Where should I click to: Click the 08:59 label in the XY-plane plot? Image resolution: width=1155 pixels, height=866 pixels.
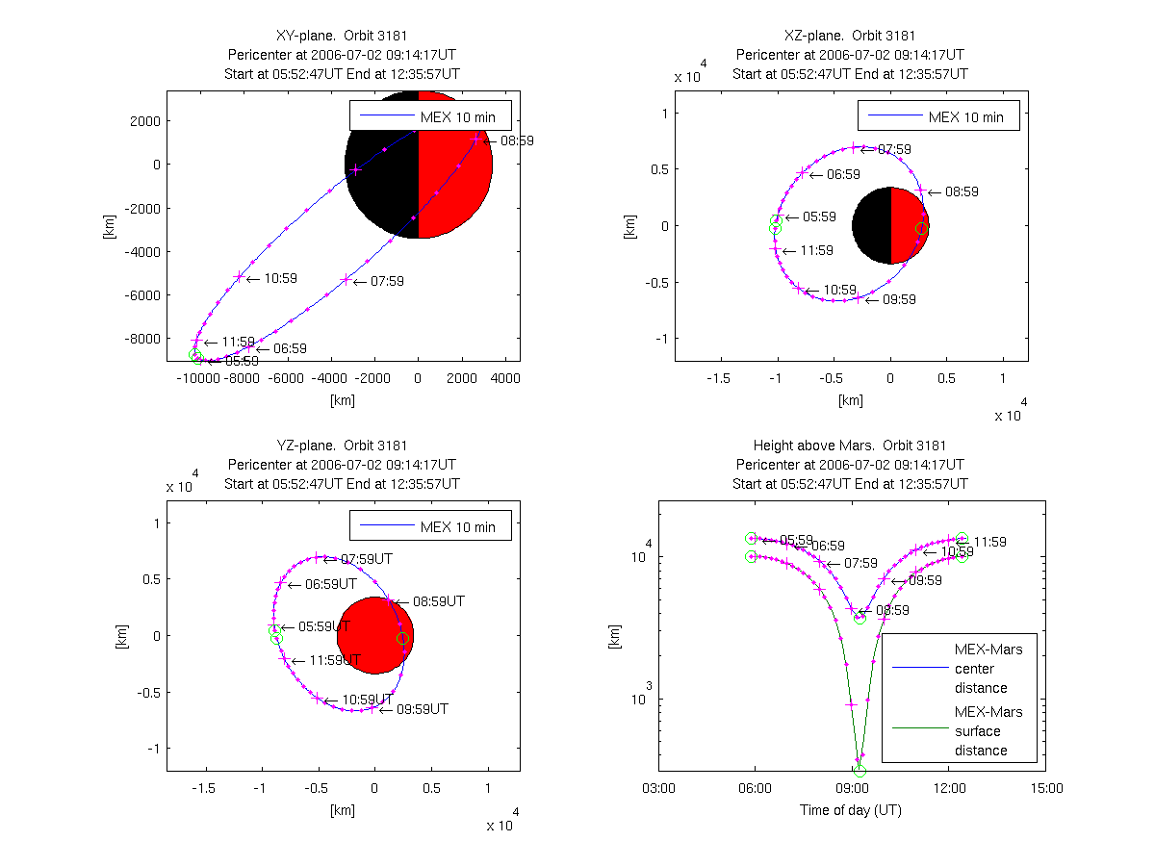(517, 140)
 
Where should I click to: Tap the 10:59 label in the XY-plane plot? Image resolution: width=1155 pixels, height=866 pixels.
(280, 279)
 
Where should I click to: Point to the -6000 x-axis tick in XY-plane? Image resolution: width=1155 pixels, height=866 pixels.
(286, 378)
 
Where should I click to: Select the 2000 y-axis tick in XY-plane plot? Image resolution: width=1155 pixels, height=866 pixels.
(142, 121)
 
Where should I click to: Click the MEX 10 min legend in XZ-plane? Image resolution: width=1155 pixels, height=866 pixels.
(938, 117)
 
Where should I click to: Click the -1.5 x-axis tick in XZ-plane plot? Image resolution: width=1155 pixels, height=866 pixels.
(718, 378)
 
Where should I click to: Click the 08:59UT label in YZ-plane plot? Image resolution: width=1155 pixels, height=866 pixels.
(438, 601)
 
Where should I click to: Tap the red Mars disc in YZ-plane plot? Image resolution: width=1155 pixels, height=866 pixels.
(373, 635)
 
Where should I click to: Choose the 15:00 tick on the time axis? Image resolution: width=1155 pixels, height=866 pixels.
(1046, 788)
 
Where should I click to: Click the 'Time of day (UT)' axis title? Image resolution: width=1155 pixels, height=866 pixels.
(851, 810)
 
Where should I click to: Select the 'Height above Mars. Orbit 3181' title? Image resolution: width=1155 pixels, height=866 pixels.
(851, 446)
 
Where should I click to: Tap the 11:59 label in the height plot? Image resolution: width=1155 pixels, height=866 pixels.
(989, 542)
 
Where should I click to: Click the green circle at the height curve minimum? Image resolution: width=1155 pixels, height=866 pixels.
(860, 771)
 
